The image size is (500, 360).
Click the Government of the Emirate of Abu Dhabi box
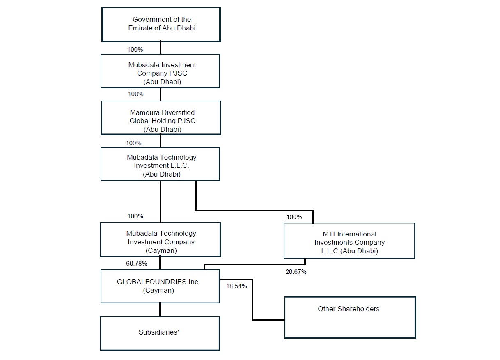(x=161, y=24)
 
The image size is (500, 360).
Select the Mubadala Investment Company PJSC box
(x=160, y=71)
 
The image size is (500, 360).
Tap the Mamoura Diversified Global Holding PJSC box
(x=161, y=118)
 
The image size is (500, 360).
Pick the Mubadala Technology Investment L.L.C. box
(x=160, y=164)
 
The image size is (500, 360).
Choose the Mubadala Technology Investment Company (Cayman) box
(x=161, y=240)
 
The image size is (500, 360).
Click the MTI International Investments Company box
(x=350, y=241)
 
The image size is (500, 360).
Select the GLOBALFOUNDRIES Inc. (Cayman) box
(x=160, y=287)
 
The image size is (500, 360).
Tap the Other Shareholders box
(x=351, y=318)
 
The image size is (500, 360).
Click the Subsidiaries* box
(x=160, y=334)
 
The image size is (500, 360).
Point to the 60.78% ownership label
(x=137, y=264)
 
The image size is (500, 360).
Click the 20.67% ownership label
(x=296, y=272)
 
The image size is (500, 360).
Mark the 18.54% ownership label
(x=236, y=286)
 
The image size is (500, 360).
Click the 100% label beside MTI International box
(x=294, y=217)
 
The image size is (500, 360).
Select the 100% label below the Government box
(x=135, y=50)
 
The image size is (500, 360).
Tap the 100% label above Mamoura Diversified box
(x=136, y=94)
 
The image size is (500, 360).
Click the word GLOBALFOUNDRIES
(x=152, y=282)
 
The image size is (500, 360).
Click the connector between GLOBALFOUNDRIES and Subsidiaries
(x=160, y=310)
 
